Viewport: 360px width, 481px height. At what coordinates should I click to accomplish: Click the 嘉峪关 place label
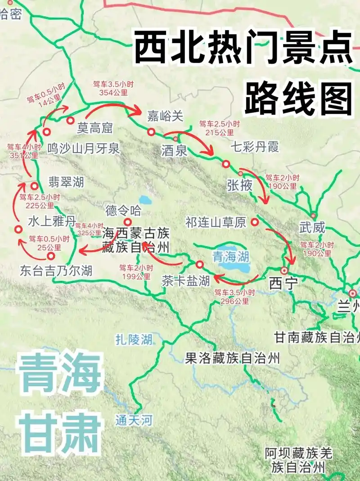tap(166, 116)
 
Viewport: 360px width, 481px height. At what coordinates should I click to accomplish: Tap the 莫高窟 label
tap(94, 128)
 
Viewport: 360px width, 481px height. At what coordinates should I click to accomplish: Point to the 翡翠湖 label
tap(66, 182)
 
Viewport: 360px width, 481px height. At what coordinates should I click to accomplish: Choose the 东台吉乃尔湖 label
tap(56, 270)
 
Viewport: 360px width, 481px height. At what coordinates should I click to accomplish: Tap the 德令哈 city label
tap(123, 210)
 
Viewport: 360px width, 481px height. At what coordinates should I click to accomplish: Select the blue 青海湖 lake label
tap(231, 257)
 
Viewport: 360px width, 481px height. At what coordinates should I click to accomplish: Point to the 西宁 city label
tap(281, 283)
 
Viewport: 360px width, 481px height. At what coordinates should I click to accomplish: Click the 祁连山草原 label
tap(216, 222)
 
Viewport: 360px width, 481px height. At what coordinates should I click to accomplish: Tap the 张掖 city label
tap(240, 185)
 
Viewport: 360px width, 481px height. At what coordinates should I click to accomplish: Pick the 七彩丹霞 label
tap(254, 147)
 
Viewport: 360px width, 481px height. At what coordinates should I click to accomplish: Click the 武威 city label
tap(313, 228)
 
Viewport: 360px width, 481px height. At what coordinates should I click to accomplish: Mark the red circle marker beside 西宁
tap(284, 270)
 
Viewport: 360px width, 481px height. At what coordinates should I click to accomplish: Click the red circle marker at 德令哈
tap(128, 221)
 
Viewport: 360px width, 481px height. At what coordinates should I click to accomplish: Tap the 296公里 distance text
tap(232, 301)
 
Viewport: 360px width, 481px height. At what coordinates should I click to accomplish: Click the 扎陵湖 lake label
tap(134, 339)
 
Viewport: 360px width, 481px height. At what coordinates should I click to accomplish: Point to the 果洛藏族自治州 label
tap(232, 358)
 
